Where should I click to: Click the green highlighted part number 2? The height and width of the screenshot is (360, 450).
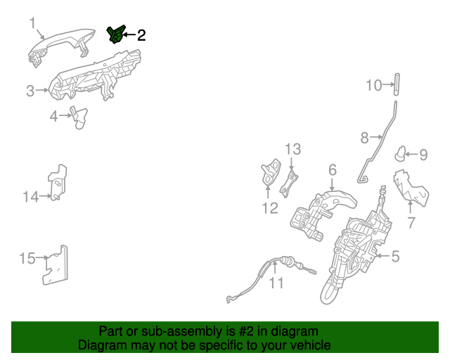(x=116, y=34)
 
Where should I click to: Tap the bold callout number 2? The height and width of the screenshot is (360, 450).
(x=141, y=35)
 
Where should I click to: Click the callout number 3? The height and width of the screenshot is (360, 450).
(x=30, y=91)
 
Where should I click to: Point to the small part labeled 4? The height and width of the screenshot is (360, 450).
(x=79, y=117)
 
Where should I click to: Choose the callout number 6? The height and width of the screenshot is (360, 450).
(x=333, y=170)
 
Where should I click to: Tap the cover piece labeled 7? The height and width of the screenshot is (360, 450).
(x=411, y=188)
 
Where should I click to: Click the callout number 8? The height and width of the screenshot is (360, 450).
(x=364, y=138)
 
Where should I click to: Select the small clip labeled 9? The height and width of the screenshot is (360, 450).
(x=401, y=154)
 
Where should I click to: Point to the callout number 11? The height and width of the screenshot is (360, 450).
(x=276, y=283)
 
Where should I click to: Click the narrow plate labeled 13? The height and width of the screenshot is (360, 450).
(x=289, y=184)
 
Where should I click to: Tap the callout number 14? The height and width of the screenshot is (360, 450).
(x=30, y=197)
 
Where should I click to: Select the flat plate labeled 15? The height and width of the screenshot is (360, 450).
(x=56, y=265)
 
